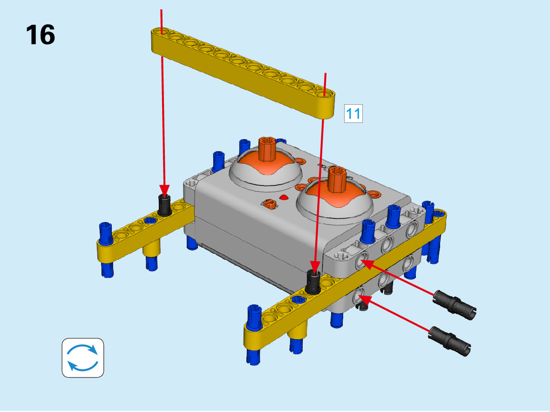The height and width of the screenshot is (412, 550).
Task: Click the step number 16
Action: [41, 35]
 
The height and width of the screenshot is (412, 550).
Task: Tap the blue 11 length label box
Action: [353, 114]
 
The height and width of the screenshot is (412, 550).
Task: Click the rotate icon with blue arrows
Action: [83, 358]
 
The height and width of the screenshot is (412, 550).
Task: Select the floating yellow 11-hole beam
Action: [243, 73]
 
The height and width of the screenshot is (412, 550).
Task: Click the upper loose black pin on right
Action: [455, 305]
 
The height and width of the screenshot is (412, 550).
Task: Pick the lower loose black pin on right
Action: [450, 341]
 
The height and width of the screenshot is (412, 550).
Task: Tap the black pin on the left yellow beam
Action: [164, 205]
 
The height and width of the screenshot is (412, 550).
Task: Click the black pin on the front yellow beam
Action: [313, 282]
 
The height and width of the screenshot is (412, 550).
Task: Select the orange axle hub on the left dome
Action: [268, 149]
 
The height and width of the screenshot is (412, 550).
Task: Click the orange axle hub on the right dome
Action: [337, 179]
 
